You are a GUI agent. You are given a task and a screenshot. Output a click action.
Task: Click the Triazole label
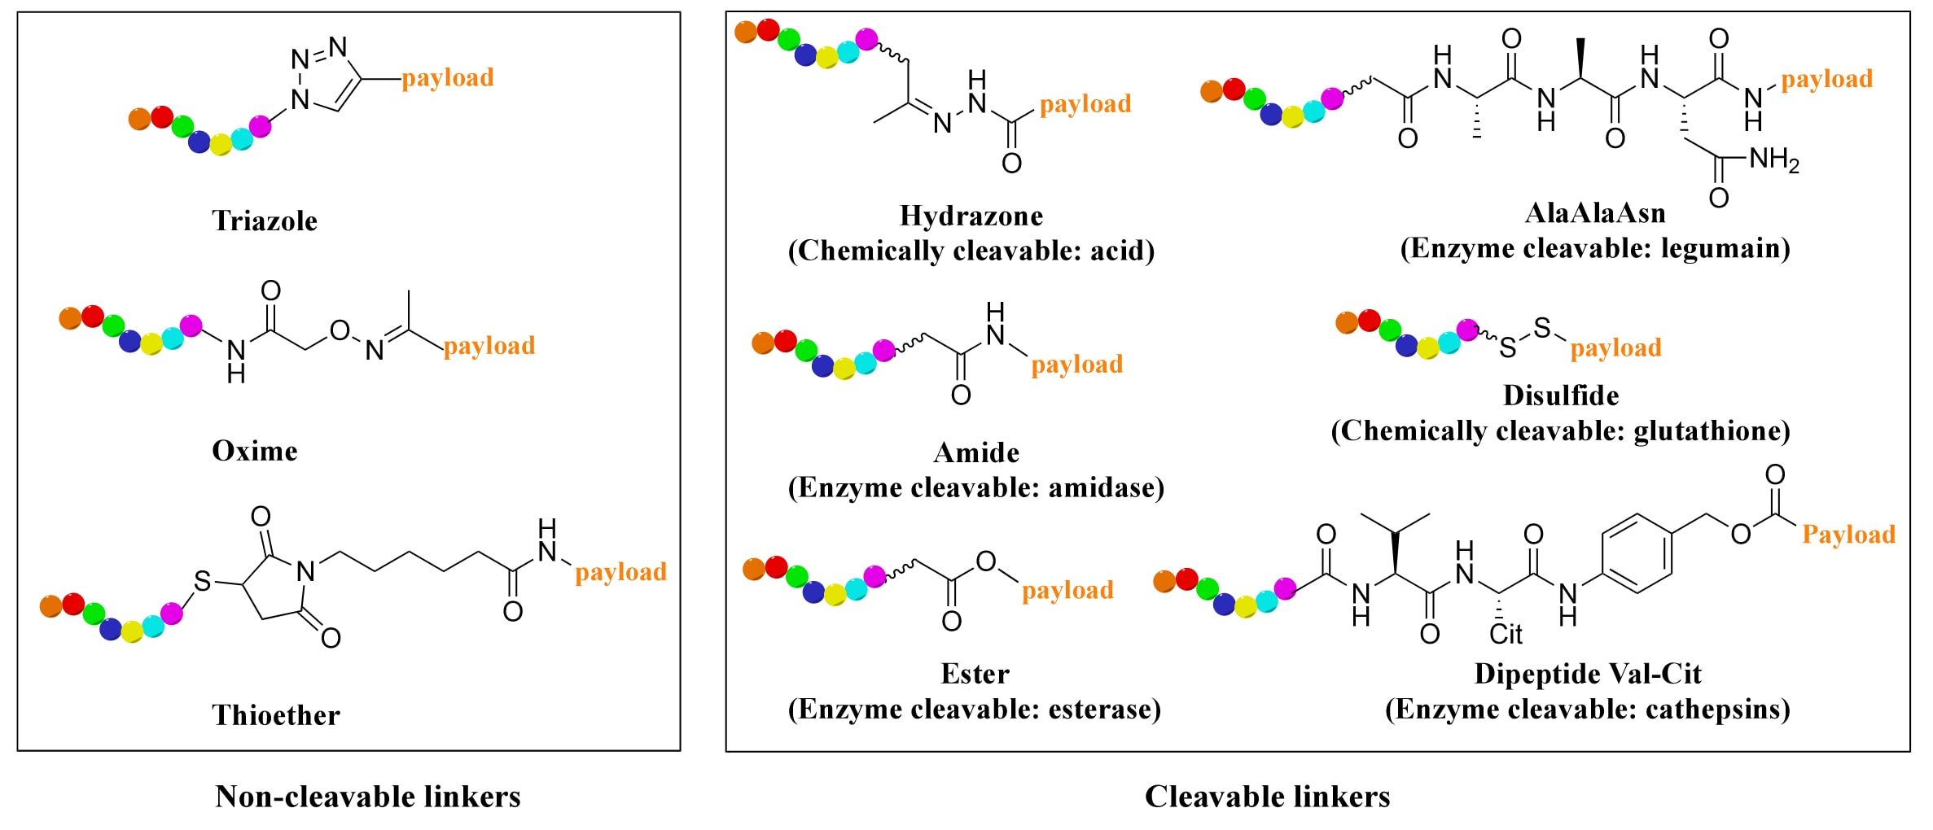[x=265, y=221]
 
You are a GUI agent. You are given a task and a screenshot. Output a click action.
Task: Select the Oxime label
[x=255, y=451]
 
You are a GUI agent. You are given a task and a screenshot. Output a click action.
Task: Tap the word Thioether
[x=276, y=715]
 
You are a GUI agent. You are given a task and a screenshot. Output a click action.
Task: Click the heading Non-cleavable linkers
[x=368, y=797]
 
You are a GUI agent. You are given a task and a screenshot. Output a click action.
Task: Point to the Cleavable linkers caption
[x=1267, y=797]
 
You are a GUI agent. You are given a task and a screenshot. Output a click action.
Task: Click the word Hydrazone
[x=971, y=216]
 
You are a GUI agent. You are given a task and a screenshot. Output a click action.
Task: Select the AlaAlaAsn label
[x=1594, y=213]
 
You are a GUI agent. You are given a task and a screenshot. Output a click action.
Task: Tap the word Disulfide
[x=1560, y=395]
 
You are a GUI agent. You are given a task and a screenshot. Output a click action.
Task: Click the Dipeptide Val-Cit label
[x=1587, y=674]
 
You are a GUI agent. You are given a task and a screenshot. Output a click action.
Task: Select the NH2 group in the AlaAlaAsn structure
[x=1774, y=159]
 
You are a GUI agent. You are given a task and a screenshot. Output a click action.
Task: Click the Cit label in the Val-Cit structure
[x=1506, y=635]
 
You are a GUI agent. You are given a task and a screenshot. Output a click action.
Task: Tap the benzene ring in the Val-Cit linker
[x=1637, y=553]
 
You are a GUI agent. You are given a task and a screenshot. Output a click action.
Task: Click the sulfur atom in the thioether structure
[x=202, y=581]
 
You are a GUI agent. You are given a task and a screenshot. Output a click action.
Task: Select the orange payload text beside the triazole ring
[x=448, y=78]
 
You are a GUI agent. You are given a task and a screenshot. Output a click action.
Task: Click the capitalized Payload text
[x=1848, y=535]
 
